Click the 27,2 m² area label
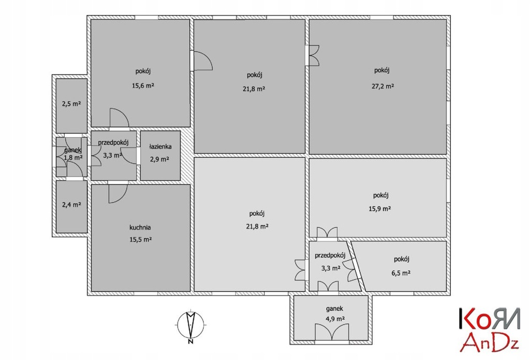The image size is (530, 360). pos(382,86)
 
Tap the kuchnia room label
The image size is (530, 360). pos(140,227)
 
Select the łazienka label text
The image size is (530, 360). pos(160,146)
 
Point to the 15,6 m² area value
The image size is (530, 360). pos(143,85)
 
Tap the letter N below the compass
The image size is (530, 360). pos(190,341)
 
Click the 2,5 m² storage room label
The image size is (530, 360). pos(71,103)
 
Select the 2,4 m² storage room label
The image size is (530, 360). pos(71,204)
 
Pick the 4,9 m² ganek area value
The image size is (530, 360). pos(335,319)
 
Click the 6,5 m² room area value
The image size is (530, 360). pos(401,273)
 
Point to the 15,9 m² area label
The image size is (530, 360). pos(380,208)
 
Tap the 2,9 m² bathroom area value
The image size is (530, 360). pos(159,159)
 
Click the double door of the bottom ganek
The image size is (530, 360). pos(332,332)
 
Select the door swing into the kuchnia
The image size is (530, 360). pos(117,193)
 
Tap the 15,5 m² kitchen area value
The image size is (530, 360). pos(140,240)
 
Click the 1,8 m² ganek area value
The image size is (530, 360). pos(73,157)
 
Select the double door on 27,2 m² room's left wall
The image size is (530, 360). pos(314,55)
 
